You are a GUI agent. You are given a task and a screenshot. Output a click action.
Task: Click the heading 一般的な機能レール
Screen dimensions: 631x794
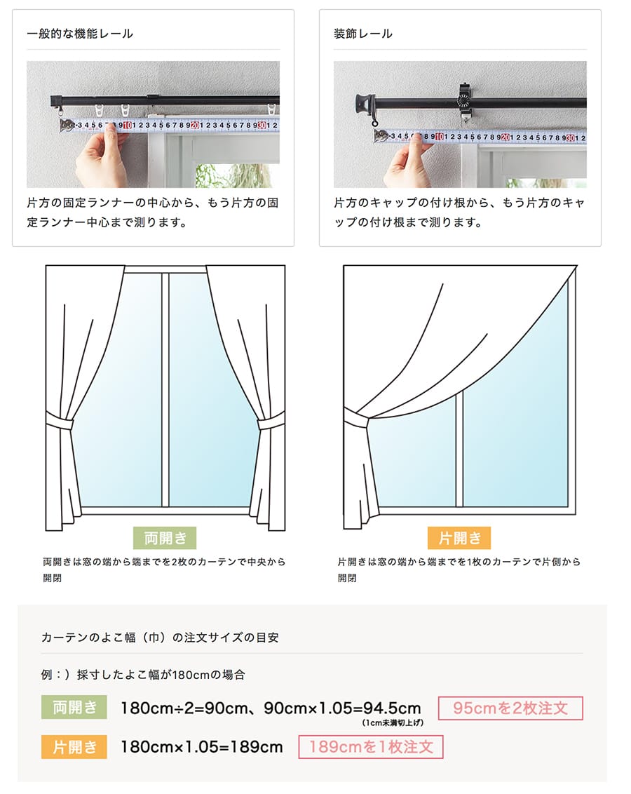(80, 34)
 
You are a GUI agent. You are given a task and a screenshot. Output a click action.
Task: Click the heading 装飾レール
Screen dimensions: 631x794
(362, 34)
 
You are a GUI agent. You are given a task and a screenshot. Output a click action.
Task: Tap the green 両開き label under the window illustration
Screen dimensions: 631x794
(165, 538)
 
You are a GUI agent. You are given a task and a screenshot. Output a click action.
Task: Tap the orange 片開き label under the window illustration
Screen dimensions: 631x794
(459, 538)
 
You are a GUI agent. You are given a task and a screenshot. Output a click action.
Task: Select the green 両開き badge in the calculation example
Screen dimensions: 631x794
(74, 708)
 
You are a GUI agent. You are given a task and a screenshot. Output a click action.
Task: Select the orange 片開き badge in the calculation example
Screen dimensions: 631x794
(74, 747)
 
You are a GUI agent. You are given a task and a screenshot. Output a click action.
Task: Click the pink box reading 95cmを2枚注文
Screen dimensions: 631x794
(510, 708)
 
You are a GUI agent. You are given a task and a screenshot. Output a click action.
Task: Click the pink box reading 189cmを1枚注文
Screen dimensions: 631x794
(371, 747)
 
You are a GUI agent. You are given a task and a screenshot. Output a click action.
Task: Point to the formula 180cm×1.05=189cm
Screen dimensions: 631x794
(201, 747)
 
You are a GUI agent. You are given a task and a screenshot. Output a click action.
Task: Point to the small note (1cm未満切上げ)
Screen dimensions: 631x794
(393, 722)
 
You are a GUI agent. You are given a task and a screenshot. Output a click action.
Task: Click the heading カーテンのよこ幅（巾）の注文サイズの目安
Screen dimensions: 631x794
(160, 638)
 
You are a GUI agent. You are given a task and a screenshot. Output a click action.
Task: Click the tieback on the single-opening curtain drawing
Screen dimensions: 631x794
(357, 423)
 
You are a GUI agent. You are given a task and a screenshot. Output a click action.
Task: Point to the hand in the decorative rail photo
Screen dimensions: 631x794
(407, 162)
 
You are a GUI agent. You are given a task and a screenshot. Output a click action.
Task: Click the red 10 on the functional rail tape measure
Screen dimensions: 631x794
(127, 125)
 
